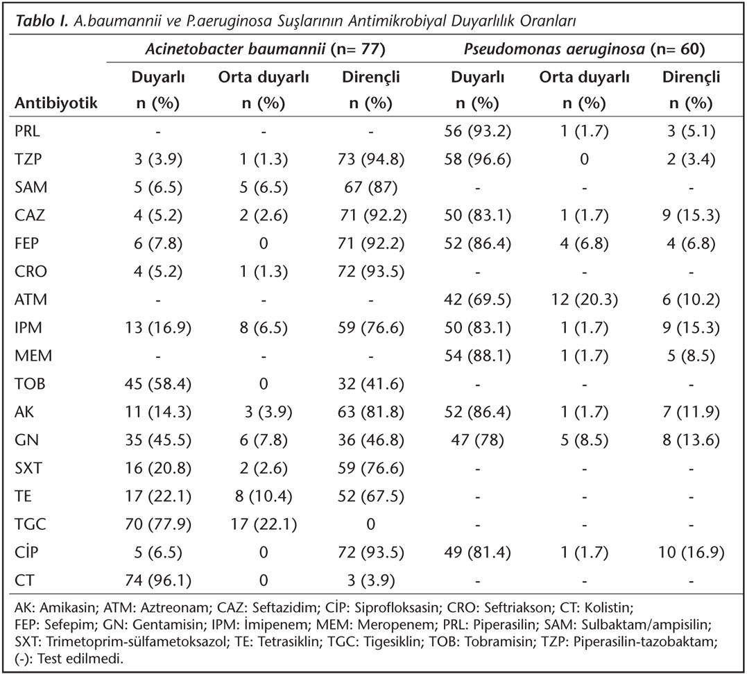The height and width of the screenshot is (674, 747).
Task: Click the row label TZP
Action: point(28,159)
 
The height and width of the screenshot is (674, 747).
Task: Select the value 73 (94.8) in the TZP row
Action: point(370,159)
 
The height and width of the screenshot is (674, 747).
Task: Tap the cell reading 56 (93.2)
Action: point(477,130)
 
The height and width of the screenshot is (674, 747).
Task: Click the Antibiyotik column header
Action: point(55,103)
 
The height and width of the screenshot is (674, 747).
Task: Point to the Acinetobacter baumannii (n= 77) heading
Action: point(266,49)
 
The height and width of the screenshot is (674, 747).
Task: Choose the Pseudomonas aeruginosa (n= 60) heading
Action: point(584,49)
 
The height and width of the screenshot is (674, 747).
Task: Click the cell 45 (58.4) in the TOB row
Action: point(158,383)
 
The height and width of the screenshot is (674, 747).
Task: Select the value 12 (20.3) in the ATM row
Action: point(585,299)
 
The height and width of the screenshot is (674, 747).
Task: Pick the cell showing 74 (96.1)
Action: point(158,580)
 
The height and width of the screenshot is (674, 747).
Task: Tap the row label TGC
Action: point(31,524)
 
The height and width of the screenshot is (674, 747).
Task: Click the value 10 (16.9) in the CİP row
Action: point(691,552)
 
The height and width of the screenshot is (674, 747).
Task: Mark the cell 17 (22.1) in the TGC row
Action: point(264,524)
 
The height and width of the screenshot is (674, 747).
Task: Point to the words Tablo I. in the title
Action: point(43,21)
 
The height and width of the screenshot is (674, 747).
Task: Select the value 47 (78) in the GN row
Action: point(477,440)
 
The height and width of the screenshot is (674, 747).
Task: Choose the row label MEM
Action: point(33,355)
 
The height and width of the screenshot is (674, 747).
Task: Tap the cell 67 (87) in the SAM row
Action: point(370,187)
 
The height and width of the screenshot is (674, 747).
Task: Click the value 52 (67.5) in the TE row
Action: point(370,496)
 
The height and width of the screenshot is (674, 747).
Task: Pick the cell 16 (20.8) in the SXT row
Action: point(158,468)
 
